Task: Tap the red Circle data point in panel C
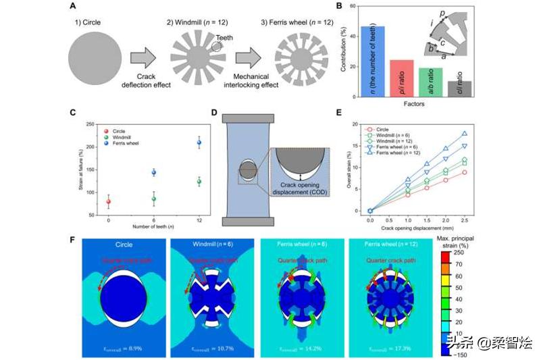tap(108, 201)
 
